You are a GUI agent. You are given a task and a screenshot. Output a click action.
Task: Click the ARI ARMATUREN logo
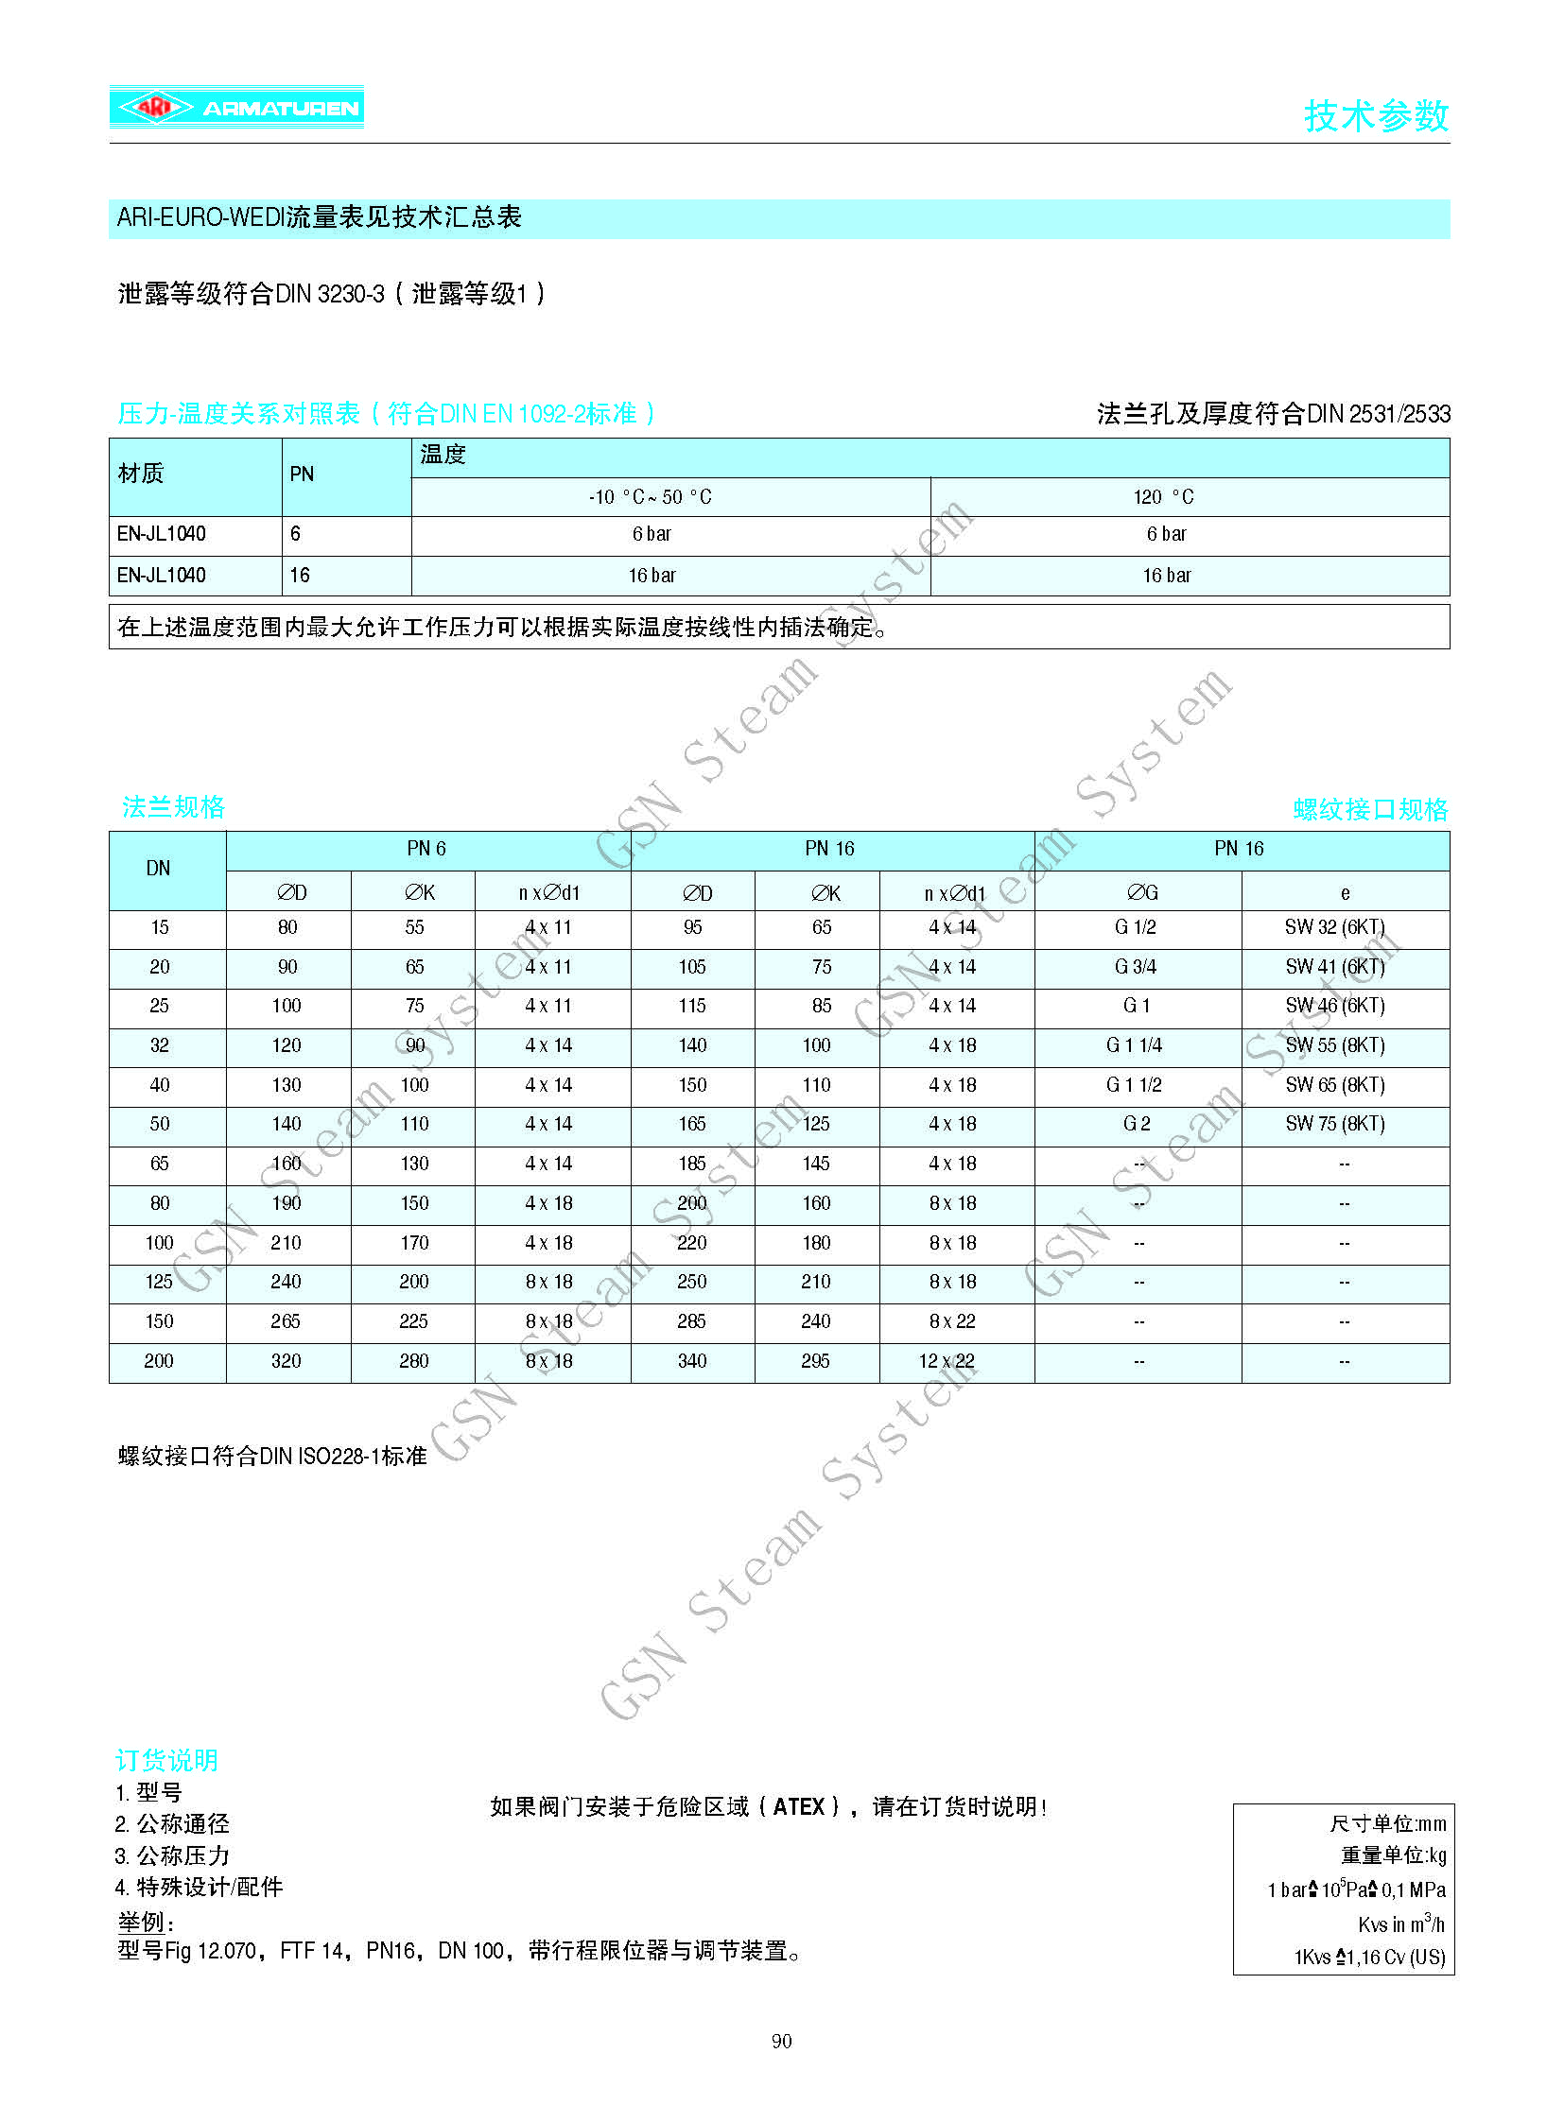(x=236, y=107)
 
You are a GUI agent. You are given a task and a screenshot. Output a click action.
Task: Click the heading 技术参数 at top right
(x=1376, y=115)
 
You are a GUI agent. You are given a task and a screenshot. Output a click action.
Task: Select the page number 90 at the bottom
(x=781, y=2041)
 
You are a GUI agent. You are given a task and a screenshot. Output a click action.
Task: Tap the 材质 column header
(x=141, y=474)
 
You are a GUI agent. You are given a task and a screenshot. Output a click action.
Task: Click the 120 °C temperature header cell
(x=1163, y=497)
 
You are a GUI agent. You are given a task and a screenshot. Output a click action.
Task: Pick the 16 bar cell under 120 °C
(x=1166, y=576)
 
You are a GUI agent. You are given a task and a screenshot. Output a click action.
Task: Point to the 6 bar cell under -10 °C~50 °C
(x=652, y=534)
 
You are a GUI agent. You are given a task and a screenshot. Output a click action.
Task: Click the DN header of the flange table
(x=158, y=869)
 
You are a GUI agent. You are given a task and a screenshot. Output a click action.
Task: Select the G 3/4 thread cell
(x=1135, y=966)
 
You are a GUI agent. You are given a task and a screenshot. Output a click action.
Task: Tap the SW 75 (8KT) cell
(x=1335, y=1124)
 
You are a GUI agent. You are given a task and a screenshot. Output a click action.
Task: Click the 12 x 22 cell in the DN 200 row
(x=946, y=1361)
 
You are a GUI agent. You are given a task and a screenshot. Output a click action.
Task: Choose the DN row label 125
(x=159, y=1282)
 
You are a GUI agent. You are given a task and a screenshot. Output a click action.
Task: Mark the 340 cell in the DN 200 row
(x=692, y=1361)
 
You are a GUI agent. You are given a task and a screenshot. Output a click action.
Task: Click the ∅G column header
(x=1141, y=892)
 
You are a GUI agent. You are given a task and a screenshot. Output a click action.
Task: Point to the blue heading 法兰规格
(x=174, y=807)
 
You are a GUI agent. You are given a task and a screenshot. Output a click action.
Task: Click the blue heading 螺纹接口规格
(x=1370, y=809)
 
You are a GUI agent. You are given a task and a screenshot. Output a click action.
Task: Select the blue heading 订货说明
(x=166, y=1760)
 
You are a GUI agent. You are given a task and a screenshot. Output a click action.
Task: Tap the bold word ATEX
(x=799, y=1807)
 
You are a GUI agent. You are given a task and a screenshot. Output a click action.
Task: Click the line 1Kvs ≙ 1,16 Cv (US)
(x=1369, y=1958)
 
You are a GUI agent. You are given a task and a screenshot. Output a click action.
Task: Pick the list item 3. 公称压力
(x=173, y=1855)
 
